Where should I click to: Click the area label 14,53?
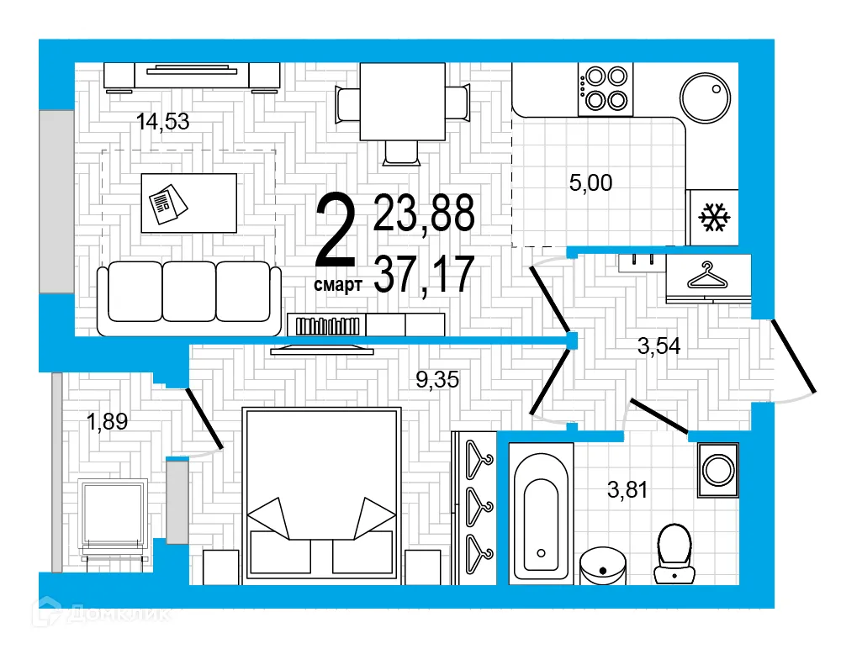[162, 122]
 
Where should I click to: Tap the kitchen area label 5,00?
[590, 182]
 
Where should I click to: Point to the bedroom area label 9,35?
[439, 380]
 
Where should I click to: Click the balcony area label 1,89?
[107, 421]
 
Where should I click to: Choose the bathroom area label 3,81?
[627, 488]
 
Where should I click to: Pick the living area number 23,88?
[424, 213]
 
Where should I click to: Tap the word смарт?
[337, 286]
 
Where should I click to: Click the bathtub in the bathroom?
[541, 514]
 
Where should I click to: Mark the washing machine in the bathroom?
[717, 469]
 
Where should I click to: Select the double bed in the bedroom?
[320, 496]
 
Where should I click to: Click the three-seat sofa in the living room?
[189, 298]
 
